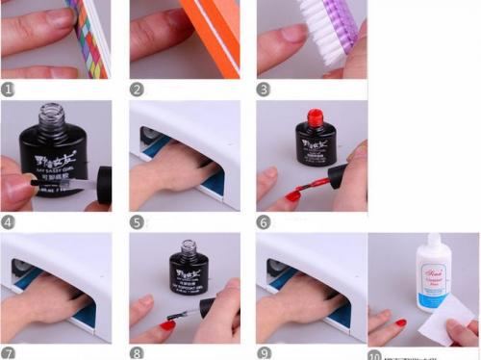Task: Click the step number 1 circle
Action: [9, 90]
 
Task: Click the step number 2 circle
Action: [138, 90]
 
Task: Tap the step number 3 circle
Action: [266, 90]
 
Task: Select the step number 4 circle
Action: [9, 221]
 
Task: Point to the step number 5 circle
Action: [138, 221]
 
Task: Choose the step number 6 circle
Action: [266, 221]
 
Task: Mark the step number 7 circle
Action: [9, 352]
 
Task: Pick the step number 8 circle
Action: [138, 352]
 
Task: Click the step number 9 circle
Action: [266, 352]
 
